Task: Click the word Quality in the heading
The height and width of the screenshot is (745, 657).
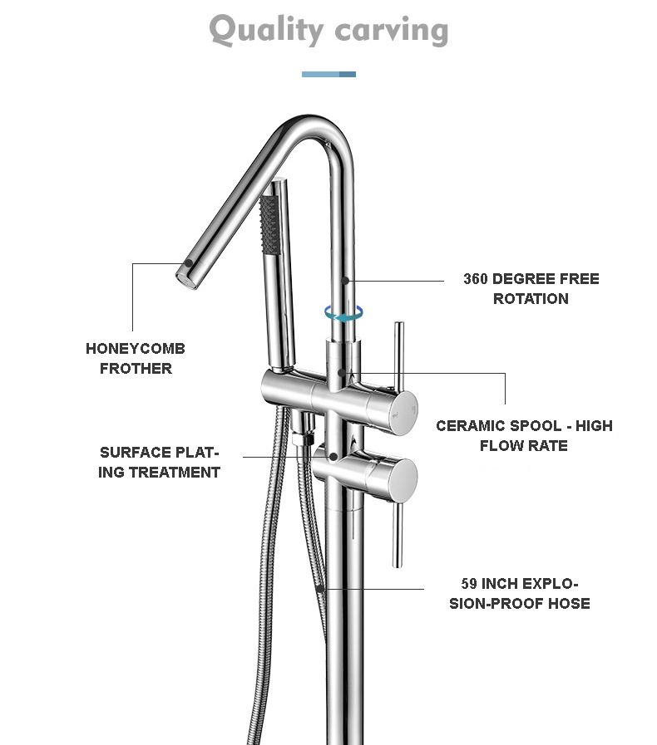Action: pyautogui.click(x=265, y=30)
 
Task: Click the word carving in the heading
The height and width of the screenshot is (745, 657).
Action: pyautogui.click(x=392, y=32)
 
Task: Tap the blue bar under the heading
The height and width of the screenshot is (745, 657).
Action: pyautogui.click(x=328, y=74)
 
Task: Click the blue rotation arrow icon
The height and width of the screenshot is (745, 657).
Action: pyautogui.click(x=344, y=313)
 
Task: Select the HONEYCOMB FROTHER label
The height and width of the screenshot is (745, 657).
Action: pyautogui.click(x=136, y=358)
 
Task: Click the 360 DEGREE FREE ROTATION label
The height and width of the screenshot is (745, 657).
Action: pyautogui.click(x=531, y=288)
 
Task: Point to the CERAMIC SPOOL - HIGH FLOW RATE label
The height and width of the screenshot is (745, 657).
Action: pyautogui.click(x=524, y=435)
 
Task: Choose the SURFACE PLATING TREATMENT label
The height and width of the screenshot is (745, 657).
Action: pyautogui.click(x=159, y=462)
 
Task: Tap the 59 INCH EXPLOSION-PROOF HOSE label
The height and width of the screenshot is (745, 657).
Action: pyautogui.click(x=520, y=593)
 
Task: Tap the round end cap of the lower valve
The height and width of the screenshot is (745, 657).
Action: pyautogui.click(x=405, y=481)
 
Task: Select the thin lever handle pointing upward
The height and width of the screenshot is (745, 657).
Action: pyautogui.click(x=399, y=355)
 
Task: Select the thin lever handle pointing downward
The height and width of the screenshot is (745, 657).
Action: pyautogui.click(x=398, y=535)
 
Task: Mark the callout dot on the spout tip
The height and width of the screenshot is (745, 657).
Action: pyautogui.click(x=190, y=262)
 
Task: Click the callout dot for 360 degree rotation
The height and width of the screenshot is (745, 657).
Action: pyautogui.click(x=346, y=281)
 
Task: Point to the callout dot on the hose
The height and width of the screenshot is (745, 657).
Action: pyautogui.click(x=321, y=589)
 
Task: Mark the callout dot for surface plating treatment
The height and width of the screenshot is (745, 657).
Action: pyautogui.click(x=333, y=457)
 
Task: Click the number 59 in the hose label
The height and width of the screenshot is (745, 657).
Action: pyautogui.click(x=469, y=583)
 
